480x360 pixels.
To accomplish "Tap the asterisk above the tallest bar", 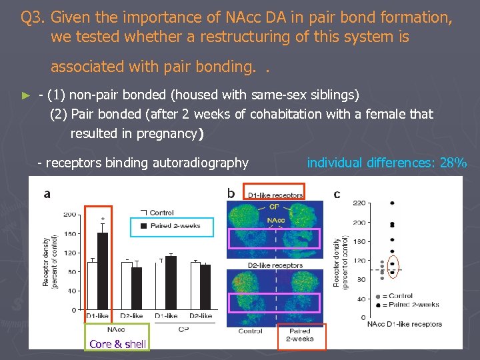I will point(102,219).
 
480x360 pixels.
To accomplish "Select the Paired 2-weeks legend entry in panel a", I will point(171,227).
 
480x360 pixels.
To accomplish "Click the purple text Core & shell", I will point(117,344).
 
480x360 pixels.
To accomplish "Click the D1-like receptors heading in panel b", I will point(275,195).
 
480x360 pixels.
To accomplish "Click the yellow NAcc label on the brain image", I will point(277,221).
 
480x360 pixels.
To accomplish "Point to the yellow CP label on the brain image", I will point(274,207).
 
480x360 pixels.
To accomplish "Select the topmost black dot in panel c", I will point(392,203).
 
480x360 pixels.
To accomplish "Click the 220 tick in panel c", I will point(359,203).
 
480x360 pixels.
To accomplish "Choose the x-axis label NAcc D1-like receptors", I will point(404,325).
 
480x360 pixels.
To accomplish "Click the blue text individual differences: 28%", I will point(387,162).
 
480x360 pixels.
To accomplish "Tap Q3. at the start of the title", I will point(33,17).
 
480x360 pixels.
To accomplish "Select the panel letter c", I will point(337,194).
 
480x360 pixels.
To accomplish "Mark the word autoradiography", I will point(200,163).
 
